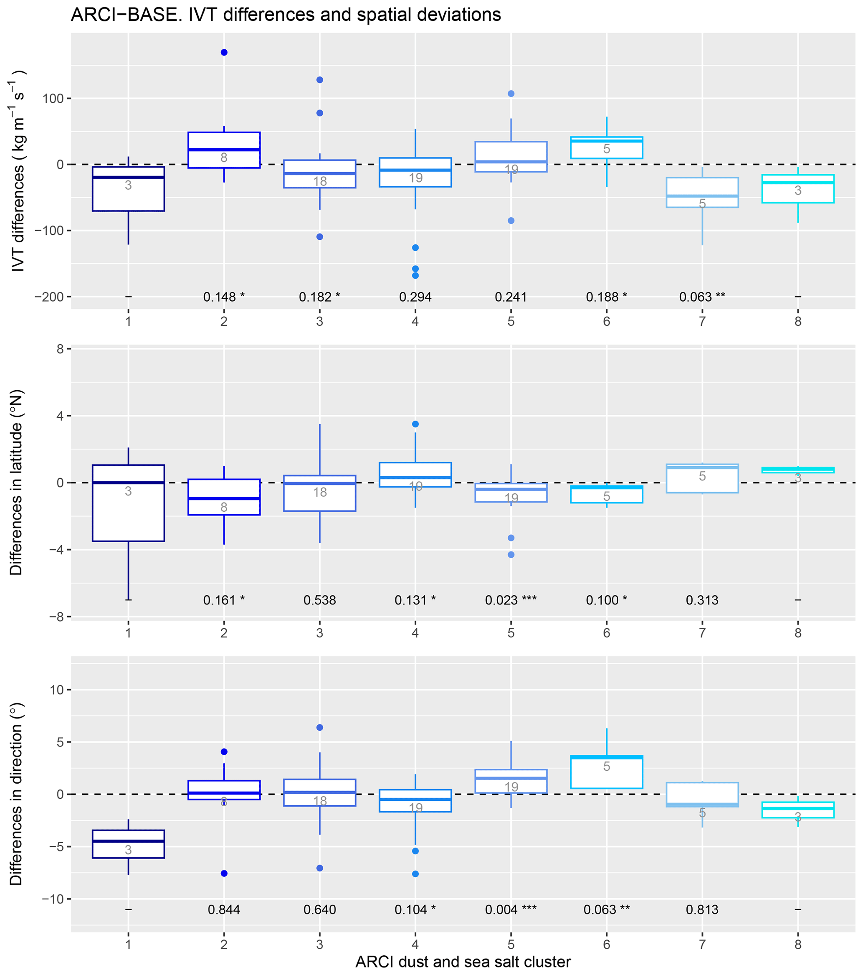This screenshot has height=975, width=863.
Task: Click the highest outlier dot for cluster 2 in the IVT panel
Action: (x=224, y=53)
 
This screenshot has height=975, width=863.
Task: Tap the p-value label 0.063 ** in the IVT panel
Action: (x=702, y=297)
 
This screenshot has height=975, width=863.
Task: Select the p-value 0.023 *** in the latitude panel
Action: (x=511, y=600)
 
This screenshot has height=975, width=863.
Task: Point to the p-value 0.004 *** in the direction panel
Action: (x=511, y=910)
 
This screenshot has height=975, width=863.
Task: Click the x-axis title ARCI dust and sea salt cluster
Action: (x=463, y=962)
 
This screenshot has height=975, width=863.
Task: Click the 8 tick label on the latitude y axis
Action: (x=60, y=349)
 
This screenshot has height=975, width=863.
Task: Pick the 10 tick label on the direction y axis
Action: (x=56, y=690)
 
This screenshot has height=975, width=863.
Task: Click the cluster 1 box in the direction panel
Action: (x=128, y=844)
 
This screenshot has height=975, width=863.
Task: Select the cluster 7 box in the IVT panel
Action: (x=702, y=192)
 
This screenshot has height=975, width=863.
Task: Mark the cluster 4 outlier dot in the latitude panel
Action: (x=415, y=424)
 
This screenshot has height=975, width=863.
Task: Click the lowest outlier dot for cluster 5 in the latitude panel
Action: (x=511, y=555)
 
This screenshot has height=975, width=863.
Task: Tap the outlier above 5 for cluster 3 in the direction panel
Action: (x=320, y=727)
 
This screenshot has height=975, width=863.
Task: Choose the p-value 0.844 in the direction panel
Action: (x=224, y=910)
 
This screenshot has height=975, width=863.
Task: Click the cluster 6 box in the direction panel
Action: (x=607, y=772)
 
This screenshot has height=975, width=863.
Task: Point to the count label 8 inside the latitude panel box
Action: (x=224, y=508)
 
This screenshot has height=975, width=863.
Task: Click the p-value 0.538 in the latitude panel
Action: (x=320, y=600)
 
